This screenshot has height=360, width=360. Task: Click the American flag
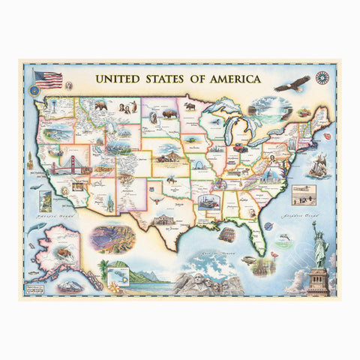pos(49,80)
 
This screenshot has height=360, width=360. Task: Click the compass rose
pos(323,77)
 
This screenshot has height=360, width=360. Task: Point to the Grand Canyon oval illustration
pos(113,238)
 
